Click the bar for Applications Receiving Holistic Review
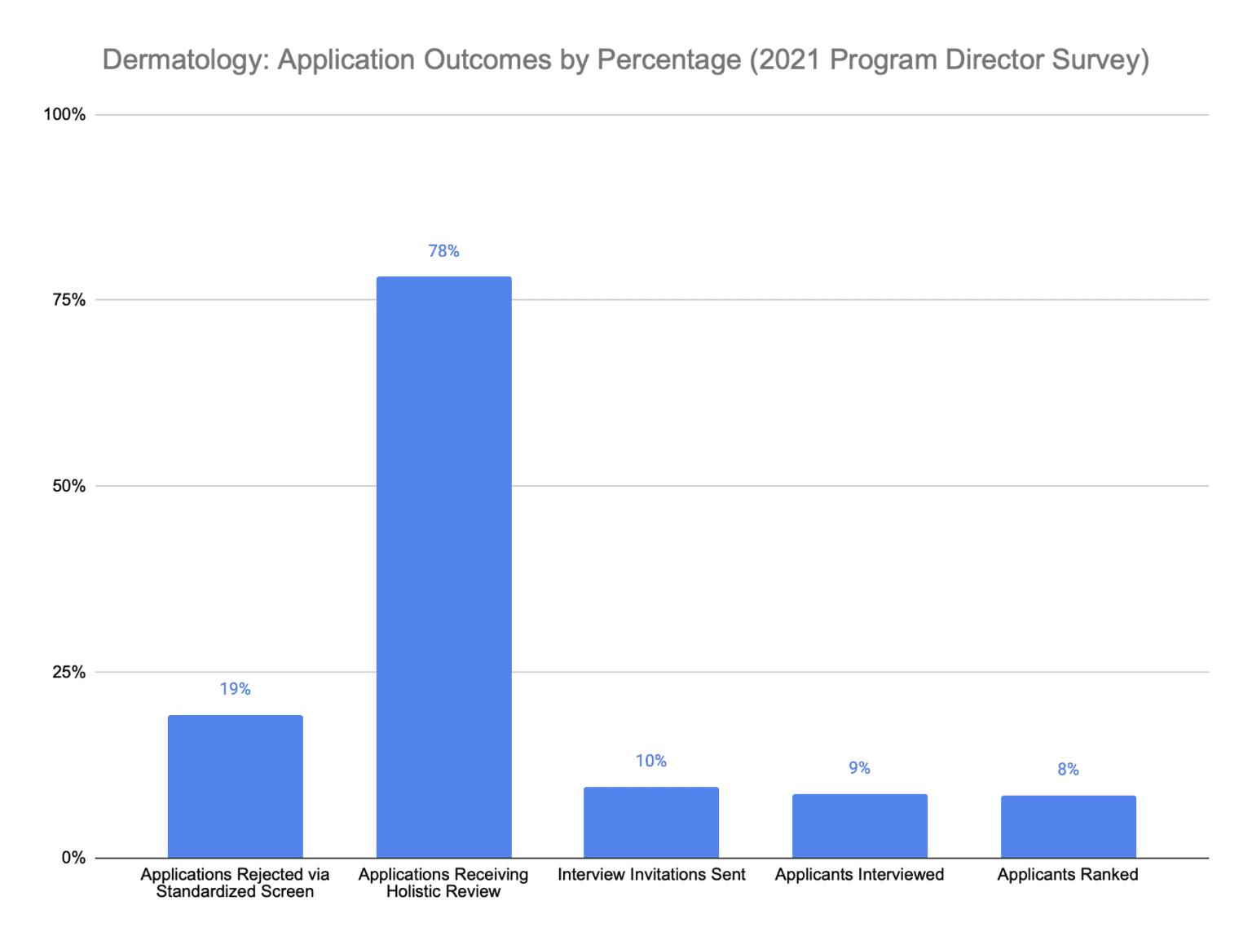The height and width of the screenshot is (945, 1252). pos(443,567)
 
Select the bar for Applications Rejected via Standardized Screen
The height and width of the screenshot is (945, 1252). pos(235,786)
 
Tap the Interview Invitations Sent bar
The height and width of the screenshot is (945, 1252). pos(651,822)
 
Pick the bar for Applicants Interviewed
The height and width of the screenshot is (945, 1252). pos(859,825)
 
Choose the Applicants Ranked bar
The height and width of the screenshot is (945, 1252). pos(1068,826)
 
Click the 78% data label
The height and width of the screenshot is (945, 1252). pos(443,251)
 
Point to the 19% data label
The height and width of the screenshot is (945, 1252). pos(235,689)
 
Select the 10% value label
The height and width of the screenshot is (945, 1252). pos(651,761)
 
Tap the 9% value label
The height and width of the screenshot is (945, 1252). pos(859,768)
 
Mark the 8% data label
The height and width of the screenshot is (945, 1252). pos(1068,770)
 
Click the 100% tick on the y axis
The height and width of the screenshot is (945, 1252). pos(64,114)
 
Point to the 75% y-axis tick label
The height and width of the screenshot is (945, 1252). pos(68,300)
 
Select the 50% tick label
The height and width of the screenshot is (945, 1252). pos(68,486)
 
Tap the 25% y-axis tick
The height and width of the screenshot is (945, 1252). pos(68,672)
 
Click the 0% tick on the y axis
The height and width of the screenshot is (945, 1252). pos(73,858)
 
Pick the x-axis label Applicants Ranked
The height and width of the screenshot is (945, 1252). pos(1068,875)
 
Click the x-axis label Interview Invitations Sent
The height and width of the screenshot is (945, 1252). pos(651,875)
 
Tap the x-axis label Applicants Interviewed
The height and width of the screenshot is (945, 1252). pos(859,875)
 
